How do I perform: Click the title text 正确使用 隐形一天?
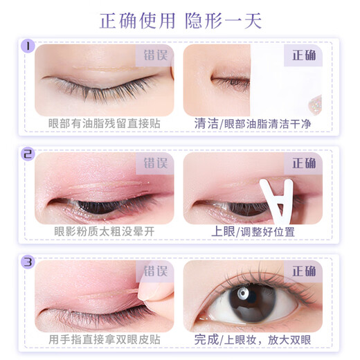pos(179,20)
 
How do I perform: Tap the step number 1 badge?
pos(28,47)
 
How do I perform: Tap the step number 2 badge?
pos(28,155)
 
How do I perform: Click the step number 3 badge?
pos(28,262)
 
